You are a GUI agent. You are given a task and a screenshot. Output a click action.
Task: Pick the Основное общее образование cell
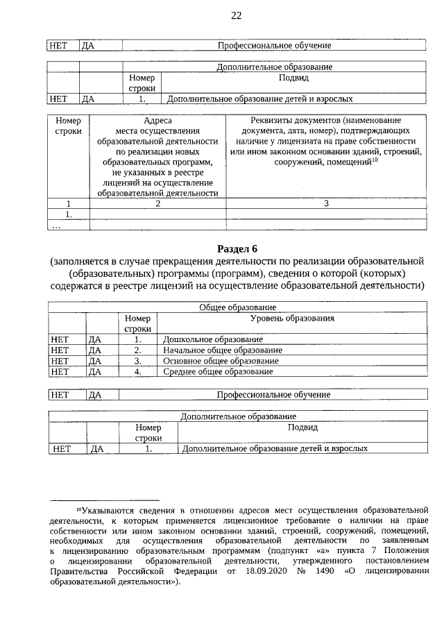click(220, 361)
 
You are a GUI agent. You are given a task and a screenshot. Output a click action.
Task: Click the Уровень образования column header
click(292, 319)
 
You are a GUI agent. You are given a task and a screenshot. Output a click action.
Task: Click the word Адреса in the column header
click(158, 120)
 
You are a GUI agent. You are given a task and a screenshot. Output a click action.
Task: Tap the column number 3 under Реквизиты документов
click(326, 204)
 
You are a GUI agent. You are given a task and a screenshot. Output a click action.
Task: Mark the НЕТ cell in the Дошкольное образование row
click(60, 340)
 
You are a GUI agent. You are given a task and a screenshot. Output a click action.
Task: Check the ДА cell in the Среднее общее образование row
click(95, 372)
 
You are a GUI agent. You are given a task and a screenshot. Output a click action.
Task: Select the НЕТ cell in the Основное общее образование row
click(60, 361)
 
